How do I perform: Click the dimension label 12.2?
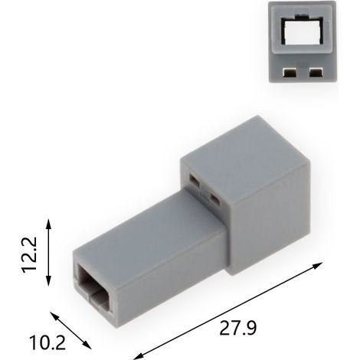pyautogui.click(x=29, y=255)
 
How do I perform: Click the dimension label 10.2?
pyautogui.click(x=47, y=342)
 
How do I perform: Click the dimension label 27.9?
pyautogui.click(x=238, y=328)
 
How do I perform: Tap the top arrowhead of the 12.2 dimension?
pyautogui.click(x=49, y=224)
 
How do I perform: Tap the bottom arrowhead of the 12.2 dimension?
pyautogui.click(x=49, y=280)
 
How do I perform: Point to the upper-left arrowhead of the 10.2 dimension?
pyautogui.click(x=54, y=316)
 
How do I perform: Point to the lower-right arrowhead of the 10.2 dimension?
pyautogui.click(x=87, y=345)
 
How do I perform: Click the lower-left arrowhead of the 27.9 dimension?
pyautogui.click(x=138, y=356)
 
